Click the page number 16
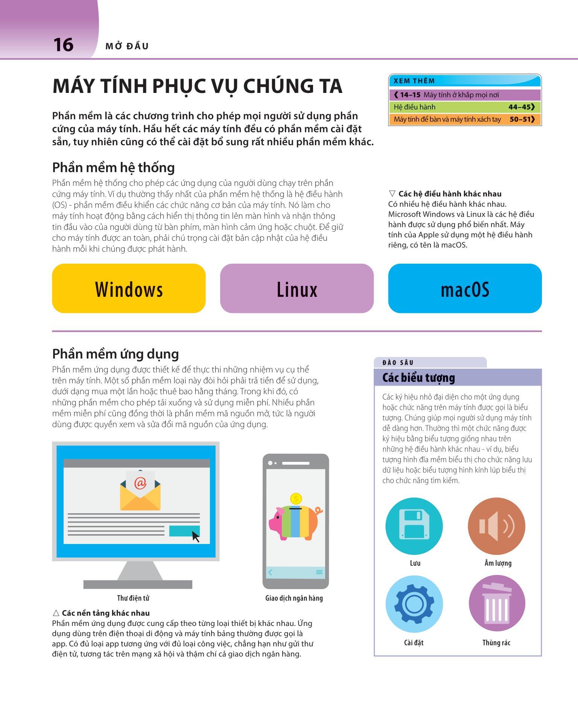pos(63,45)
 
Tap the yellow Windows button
pos(129,289)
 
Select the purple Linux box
pos(297,289)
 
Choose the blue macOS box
pos(465,289)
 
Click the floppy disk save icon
pos(414,526)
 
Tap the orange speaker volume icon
pos(496,526)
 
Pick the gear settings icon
pos(414,604)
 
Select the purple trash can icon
pos(496,604)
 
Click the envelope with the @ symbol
pos(140,491)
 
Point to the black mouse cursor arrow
pos(195,536)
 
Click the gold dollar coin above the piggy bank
pos(296,499)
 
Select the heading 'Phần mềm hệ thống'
pos(113,167)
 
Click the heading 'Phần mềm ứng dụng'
pos(116,354)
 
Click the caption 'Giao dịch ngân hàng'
pos(294,598)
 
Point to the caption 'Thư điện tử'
pos(133,598)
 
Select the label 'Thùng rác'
pos(496,643)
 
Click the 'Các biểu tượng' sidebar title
pos(418,378)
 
